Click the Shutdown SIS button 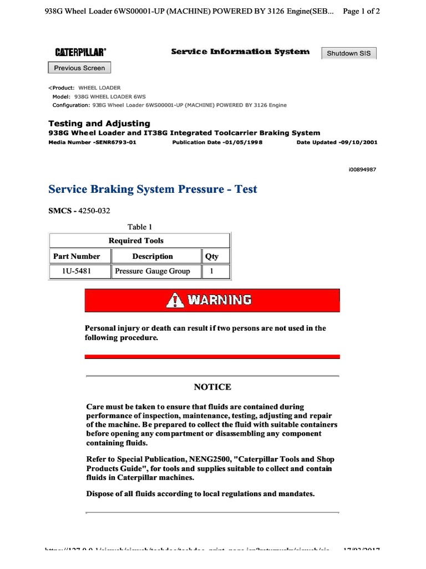click(349, 53)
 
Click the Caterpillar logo click(80, 52)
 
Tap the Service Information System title click(240, 52)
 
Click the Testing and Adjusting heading click(99, 123)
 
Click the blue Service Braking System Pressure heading click(153, 189)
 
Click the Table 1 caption click(140, 227)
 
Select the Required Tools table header click(140, 241)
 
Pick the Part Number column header click(77, 256)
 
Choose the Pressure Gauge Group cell click(152, 271)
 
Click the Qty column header click(212, 256)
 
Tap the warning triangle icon click(176, 301)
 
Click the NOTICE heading click(212, 387)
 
